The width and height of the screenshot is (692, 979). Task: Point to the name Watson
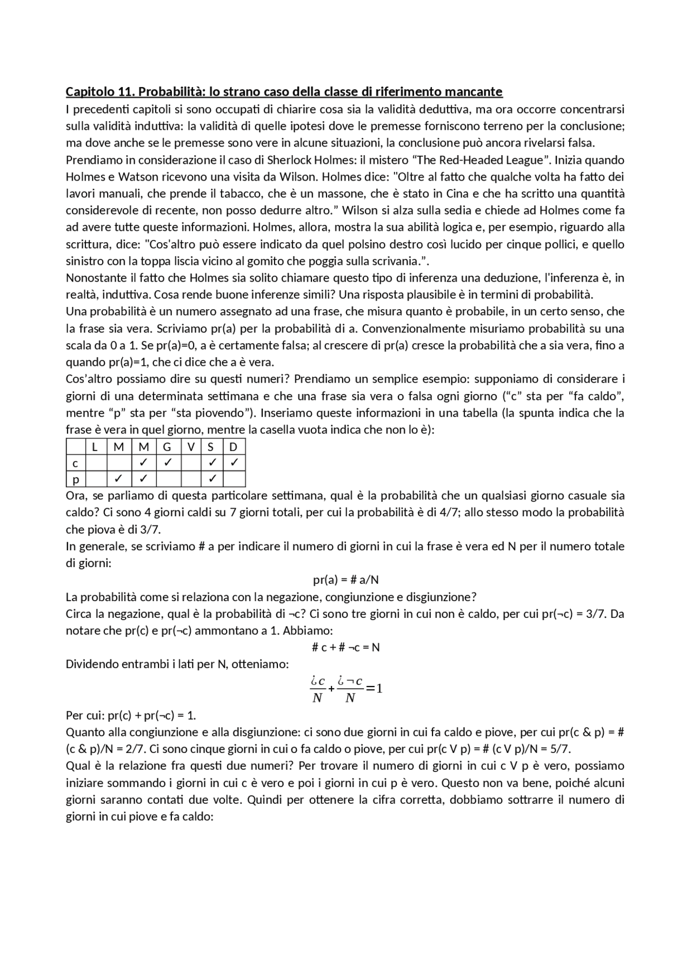tap(137, 177)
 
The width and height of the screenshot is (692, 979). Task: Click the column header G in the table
tap(167, 447)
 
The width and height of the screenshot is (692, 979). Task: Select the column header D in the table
tap(234, 447)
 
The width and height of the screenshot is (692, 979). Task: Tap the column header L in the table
tap(96, 447)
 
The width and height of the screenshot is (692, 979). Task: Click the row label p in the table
tap(76, 479)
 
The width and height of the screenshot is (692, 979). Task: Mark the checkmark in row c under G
tap(167, 463)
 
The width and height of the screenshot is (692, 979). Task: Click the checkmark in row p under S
tap(212, 479)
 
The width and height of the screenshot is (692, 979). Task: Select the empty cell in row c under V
tap(191, 463)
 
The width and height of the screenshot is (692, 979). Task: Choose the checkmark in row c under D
tap(234, 463)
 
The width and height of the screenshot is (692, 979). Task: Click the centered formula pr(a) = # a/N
tap(345, 580)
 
